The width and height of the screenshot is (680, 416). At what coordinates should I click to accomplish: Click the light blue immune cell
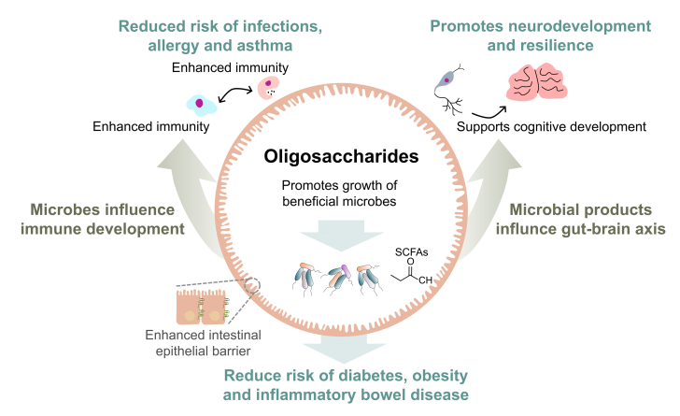(199, 104)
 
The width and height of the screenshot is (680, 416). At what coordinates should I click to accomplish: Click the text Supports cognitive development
(551, 126)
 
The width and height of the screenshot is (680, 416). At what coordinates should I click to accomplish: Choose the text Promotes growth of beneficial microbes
(339, 193)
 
